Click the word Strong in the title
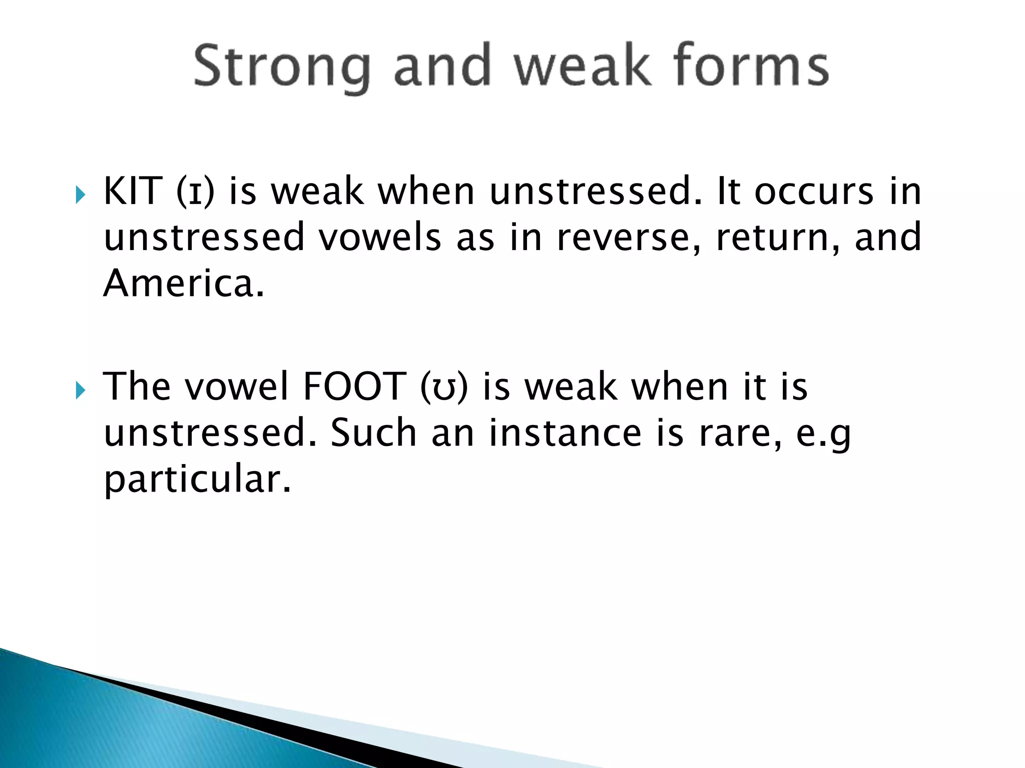tap(282, 67)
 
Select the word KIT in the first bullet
tap(133, 191)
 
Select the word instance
tap(565, 433)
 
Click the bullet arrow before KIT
tap(81, 195)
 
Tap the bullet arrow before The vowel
tap(81, 390)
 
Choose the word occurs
tap(814, 192)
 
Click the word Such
tap(373, 433)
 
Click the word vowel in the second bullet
tap(237, 387)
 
